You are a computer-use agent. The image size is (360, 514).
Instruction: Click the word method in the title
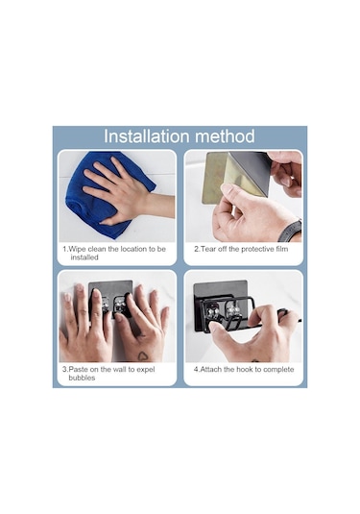coord(225,136)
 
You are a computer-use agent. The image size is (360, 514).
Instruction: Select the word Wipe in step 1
coord(78,249)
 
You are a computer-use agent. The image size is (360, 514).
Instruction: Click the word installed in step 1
coord(84,257)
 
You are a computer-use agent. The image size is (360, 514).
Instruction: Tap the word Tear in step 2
coord(208,249)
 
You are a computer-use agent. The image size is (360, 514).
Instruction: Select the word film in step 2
coord(281,249)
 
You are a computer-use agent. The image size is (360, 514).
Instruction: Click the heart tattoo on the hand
coord(142,355)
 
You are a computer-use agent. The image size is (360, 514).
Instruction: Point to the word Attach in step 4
coord(211,370)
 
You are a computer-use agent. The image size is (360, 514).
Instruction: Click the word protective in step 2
coord(257,249)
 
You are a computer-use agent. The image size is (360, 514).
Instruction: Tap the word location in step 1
coord(134,249)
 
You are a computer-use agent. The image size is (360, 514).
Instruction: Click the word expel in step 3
coord(146,370)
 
